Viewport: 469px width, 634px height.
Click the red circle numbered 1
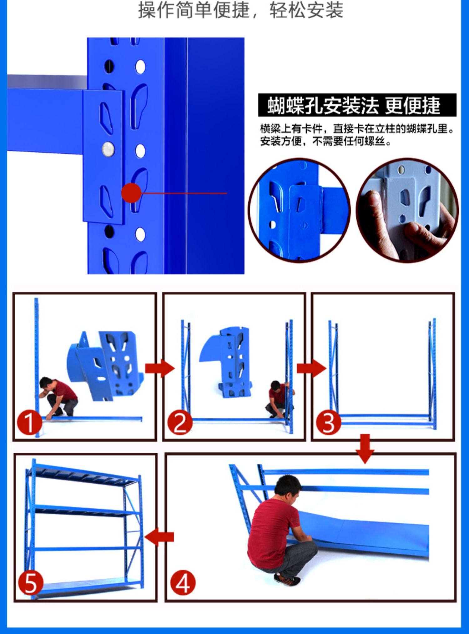(29, 423)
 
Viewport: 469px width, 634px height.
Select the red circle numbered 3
(328, 423)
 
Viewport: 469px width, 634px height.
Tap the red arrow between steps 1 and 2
(160, 369)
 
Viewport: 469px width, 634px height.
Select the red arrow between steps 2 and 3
(311, 369)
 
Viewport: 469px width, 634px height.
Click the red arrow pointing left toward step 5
(159, 536)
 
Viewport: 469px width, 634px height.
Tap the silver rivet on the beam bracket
(108, 149)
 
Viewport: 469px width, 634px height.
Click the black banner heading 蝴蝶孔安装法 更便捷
(357, 105)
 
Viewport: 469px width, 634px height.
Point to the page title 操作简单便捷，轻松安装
(241, 10)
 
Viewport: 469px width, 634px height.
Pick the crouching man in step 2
(280, 399)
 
